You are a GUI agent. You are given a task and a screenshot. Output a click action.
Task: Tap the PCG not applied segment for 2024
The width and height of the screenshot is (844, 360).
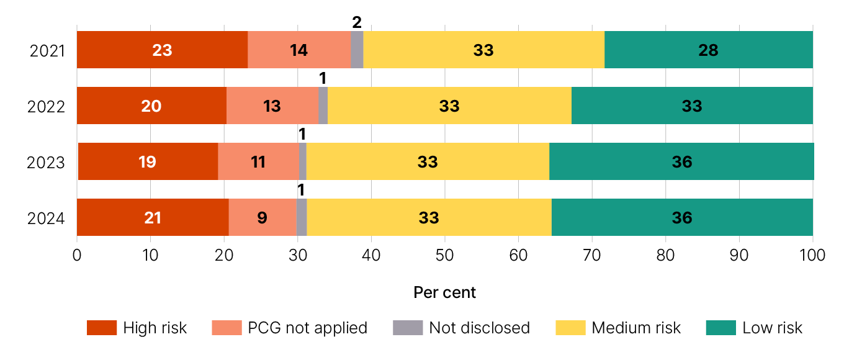(x=263, y=217)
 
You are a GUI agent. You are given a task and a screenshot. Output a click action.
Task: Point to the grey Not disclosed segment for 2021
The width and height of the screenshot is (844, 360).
(x=357, y=50)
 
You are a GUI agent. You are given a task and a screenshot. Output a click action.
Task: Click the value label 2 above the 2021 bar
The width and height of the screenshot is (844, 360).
(x=357, y=22)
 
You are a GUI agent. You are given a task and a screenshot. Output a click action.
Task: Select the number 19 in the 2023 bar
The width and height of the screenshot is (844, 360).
(x=148, y=162)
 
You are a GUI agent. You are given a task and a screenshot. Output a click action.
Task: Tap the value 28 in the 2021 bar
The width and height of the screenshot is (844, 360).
(x=708, y=50)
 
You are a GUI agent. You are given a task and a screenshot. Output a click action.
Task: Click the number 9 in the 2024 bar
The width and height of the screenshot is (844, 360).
(x=262, y=218)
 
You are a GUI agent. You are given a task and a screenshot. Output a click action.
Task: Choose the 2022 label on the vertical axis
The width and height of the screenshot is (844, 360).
(x=47, y=106)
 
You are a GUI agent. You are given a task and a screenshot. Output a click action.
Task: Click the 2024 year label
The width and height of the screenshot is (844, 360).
(x=47, y=218)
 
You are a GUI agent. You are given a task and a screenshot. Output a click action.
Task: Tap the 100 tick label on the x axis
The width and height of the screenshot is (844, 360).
(x=812, y=255)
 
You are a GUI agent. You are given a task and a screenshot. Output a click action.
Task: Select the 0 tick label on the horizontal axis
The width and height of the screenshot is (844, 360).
(x=77, y=255)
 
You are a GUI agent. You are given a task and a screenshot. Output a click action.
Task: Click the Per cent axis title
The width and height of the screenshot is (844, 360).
(x=444, y=292)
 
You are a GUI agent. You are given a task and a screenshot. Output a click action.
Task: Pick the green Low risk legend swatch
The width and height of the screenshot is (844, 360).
(x=721, y=328)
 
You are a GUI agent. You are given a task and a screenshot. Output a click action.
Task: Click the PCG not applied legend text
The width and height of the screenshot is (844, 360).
(x=307, y=328)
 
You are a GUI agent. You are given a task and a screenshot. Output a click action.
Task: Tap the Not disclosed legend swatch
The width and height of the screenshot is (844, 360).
(x=408, y=328)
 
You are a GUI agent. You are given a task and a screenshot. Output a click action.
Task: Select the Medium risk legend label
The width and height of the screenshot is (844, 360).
(x=635, y=328)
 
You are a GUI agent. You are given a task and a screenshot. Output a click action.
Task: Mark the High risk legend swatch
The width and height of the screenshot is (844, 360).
(x=102, y=328)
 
